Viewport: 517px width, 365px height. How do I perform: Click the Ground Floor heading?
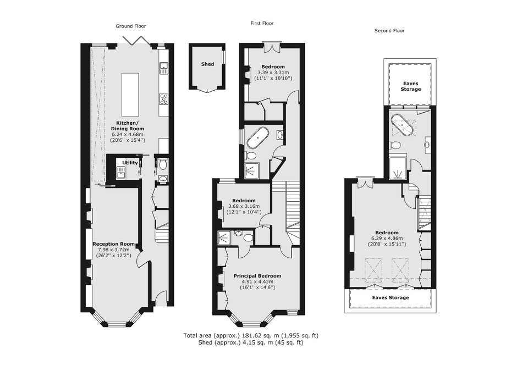tap(130, 26)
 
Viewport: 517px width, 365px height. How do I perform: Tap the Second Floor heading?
tap(389, 31)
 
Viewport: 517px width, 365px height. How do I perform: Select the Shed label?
tap(207, 64)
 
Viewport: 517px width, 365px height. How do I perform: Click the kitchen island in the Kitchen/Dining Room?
tap(130, 93)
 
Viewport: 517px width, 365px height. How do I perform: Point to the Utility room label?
tap(130, 163)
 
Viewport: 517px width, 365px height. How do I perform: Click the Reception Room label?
tap(113, 244)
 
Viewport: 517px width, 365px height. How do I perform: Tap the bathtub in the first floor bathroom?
tap(258, 139)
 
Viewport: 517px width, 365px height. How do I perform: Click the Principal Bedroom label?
tap(257, 276)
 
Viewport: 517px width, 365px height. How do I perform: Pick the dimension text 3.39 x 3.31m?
tap(273, 73)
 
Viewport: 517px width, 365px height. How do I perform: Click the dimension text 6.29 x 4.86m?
tap(387, 239)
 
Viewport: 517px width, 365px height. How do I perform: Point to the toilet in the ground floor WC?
tap(162, 164)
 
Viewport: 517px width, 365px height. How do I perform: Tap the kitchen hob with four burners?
tap(164, 98)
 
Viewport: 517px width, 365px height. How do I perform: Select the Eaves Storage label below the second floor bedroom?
tap(391, 297)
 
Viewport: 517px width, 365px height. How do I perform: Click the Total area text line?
tap(251, 336)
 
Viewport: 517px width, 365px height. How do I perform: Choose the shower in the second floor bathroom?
tap(399, 168)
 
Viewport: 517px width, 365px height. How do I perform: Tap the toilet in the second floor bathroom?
tap(395, 145)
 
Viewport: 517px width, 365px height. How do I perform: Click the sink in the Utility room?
tap(120, 172)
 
